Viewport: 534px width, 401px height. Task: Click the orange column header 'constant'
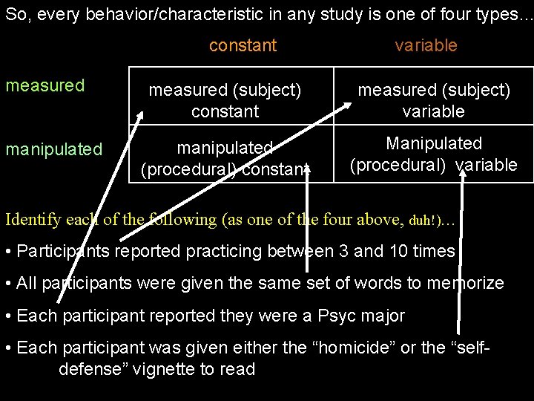click(243, 45)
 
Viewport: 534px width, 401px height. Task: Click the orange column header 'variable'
click(426, 45)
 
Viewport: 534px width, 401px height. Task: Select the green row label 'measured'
click(45, 85)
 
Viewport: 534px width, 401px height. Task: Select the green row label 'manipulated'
click(53, 149)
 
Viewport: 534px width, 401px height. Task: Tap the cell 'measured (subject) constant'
click(225, 101)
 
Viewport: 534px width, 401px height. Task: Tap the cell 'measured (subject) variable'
click(434, 101)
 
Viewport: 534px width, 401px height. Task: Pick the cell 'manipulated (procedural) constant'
click(225, 158)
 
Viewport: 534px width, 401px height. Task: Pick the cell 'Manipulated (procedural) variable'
click(434, 154)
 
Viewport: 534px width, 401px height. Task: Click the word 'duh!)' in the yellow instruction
click(425, 221)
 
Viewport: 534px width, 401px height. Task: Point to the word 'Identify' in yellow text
click(32, 220)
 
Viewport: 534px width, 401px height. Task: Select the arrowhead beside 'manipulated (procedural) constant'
click(308, 171)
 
